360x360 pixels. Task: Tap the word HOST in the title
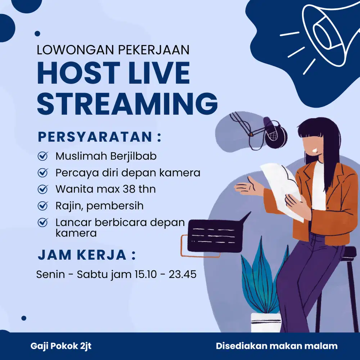coord(78,73)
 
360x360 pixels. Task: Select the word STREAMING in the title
coord(127,104)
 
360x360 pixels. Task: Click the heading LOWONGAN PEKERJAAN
coord(113,50)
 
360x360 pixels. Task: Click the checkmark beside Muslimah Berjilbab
coord(43,156)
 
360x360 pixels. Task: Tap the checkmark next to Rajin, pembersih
coord(43,206)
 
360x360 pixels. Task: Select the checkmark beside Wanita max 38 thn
coord(43,189)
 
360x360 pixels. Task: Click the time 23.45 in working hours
coord(183,274)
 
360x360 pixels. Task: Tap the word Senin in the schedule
coord(50,274)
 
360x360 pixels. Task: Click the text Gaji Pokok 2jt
coord(61,346)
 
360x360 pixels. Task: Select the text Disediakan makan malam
coord(276,346)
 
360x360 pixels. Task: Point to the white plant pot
coord(266,322)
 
